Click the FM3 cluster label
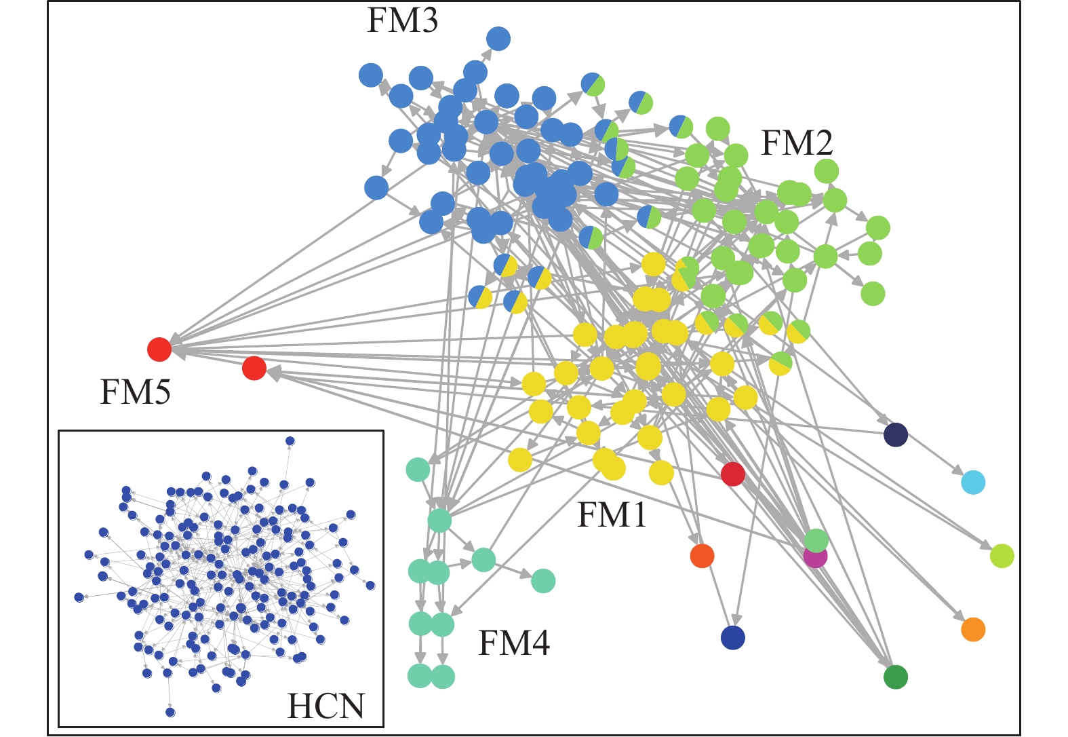coord(402,21)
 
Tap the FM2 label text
coord(797,143)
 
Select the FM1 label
coord(612,515)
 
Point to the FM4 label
coord(514,643)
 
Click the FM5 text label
coord(136,392)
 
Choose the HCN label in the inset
coord(326,706)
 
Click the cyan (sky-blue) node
coord(973,483)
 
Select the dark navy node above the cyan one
coord(896,434)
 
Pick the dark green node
coord(896,677)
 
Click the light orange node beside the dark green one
coord(973,629)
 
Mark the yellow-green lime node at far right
coord(1002,556)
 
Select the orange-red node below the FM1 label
coord(702,556)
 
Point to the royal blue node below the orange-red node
coord(732,638)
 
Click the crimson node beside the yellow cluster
coord(733,474)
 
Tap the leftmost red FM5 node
coord(159,349)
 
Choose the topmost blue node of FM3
coord(498,39)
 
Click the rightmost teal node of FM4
coord(543,581)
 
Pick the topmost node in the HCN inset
coord(290,441)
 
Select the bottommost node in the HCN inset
coord(170,712)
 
